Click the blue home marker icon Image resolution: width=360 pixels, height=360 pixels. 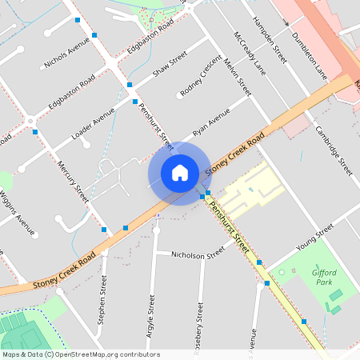179,172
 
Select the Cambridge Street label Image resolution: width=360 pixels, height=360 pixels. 334,150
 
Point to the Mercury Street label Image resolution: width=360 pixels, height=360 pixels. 74,180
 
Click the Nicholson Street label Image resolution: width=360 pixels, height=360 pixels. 198,255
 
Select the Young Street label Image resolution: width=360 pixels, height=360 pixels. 313,237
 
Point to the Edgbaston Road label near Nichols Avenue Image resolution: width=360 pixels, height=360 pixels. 71,94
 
